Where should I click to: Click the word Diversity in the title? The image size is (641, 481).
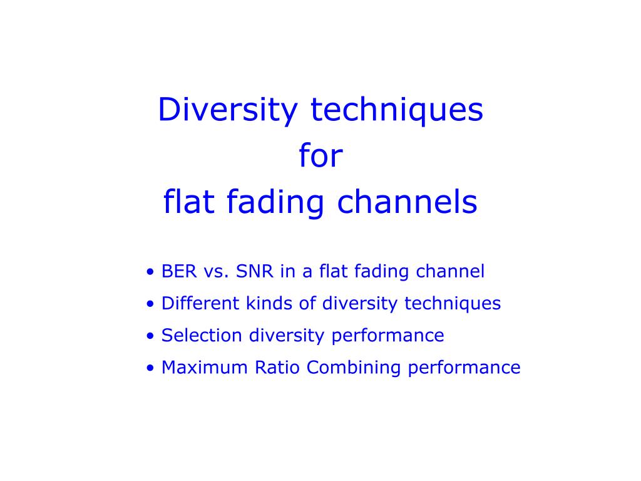click(x=228, y=110)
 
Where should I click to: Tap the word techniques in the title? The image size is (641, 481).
click(x=397, y=110)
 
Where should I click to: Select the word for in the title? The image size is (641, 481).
click(x=321, y=155)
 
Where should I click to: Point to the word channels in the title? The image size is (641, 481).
click(x=407, y=201)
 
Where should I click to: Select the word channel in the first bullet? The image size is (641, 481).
click(x=450, y=271)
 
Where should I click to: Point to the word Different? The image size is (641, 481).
click(x=200, y=303)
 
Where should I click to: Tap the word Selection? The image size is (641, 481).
click(x=202, y=336)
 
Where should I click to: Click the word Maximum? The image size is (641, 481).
click(x=205, y=367)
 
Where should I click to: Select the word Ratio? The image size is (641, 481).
click(x=277, y=367)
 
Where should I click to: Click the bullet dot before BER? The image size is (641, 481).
click(x=150, y=272)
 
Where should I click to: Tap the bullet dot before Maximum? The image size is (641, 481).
click(x=150, y=368)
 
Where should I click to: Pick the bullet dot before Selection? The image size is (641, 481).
click(x=150, y=336)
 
